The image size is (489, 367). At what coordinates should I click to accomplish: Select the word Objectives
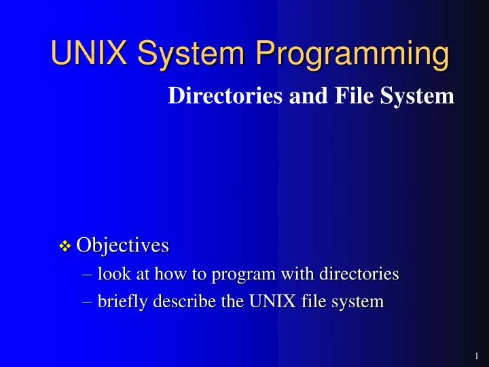[x=122, y=245]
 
